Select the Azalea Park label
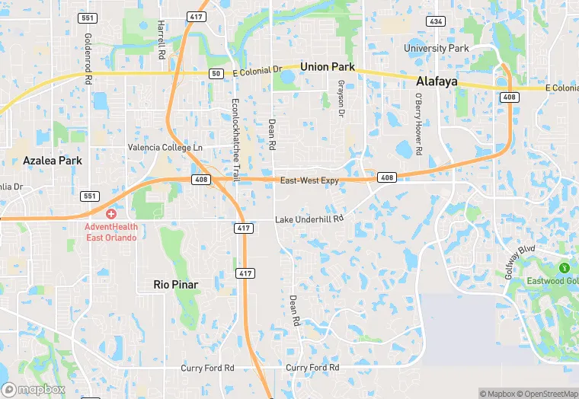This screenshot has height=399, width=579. (x=53, y=161)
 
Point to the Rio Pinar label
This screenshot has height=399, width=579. (x=175, y=284)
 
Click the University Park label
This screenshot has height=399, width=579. (x=437, y=49)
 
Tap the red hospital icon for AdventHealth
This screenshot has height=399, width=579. (x=111, y=214)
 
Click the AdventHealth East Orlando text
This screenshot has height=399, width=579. (x=111, y=231)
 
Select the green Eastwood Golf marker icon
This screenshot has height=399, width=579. (x=564, y=267)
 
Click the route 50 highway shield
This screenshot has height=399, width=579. (x=216, y=72)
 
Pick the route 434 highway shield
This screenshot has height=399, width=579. (x=436, y=21)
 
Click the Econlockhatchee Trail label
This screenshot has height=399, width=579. (x=235, y=140)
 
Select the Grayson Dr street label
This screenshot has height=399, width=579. (x=341, y=98)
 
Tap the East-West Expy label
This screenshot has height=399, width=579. (x=309, y=180)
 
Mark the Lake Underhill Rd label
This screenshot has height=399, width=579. (x=309, y=219)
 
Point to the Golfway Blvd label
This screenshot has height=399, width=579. (x=520, y=260)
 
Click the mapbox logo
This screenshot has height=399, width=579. (x=34, y=388)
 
